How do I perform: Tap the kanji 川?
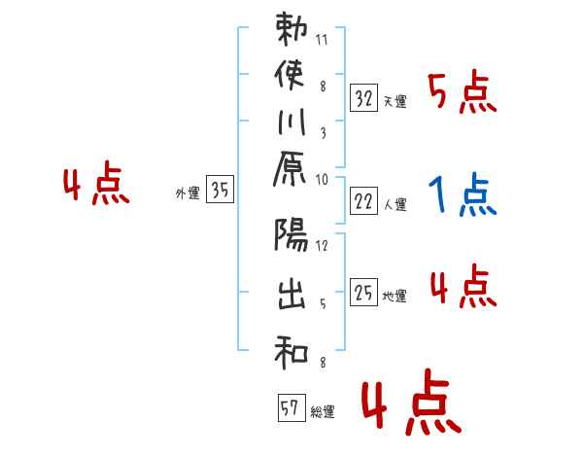pyautogui.click(x=291, y=127)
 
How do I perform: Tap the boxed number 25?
pyautogui.click(x=363, y=292)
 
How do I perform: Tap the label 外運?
pyautogui.click(x=188, y=193)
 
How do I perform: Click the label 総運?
pyautogui.click(x=323, y=412)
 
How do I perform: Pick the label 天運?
pyautogui.click(x=394, y=101)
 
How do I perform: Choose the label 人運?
pyautogui.click(x=394, y=204)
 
